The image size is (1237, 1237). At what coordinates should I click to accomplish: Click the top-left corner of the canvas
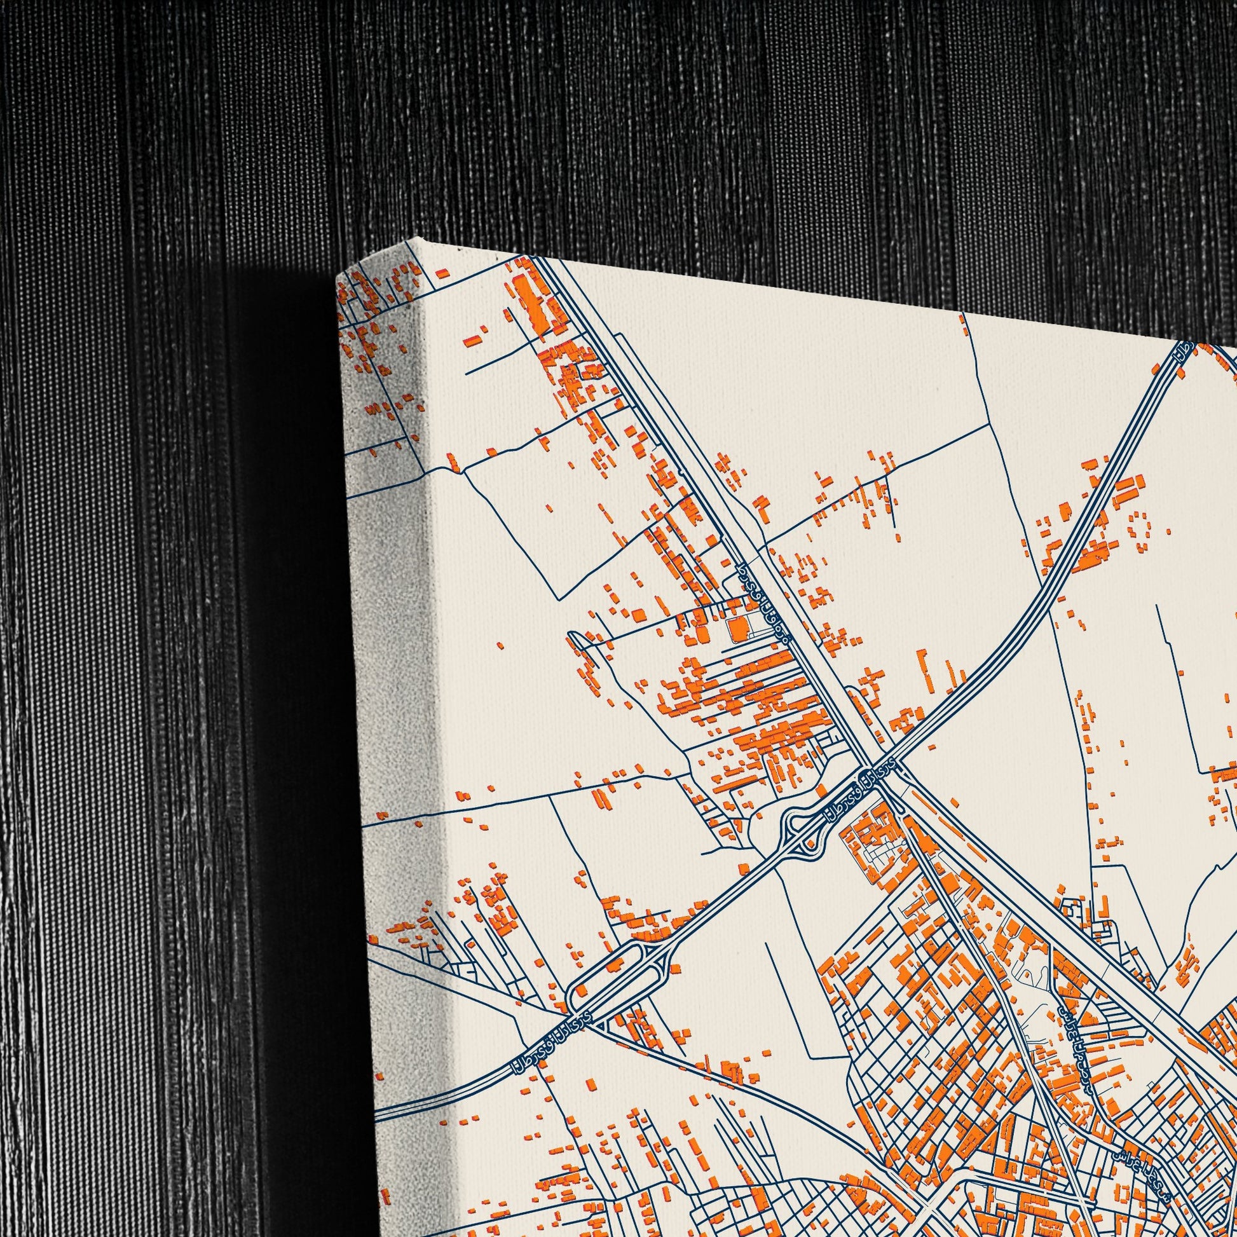tap(338, 277)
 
